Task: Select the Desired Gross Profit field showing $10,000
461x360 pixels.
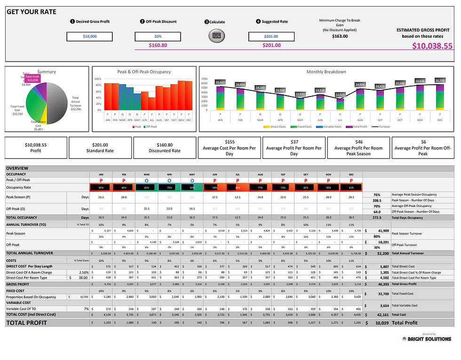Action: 89,36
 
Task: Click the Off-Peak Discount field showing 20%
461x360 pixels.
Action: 158,36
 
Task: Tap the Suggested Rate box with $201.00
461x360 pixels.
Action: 271,36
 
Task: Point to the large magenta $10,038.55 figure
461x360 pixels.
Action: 432,46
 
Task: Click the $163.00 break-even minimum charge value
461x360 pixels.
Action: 340,36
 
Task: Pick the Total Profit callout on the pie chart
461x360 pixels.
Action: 32,78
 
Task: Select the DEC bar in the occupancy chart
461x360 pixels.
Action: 188,96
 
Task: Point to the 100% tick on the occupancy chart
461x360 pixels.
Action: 98,80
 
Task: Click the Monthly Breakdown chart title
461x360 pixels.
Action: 326,72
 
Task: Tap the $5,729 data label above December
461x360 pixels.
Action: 440,80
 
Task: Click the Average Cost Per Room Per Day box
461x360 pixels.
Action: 230,148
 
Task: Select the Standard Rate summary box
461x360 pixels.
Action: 100,148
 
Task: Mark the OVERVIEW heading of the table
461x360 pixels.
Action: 17,168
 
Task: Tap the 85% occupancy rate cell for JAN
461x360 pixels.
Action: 102,187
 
